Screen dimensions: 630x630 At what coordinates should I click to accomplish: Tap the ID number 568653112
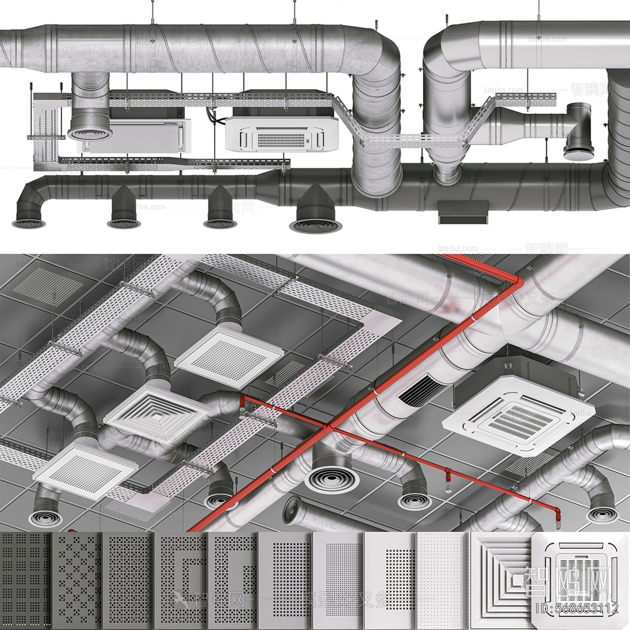coord(577,608)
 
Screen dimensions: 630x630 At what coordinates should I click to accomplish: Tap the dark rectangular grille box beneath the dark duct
coord(463,213)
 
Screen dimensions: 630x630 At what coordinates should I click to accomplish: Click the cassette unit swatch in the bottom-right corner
coord(579,579)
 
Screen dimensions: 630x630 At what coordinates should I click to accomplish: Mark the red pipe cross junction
coord(330,426)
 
